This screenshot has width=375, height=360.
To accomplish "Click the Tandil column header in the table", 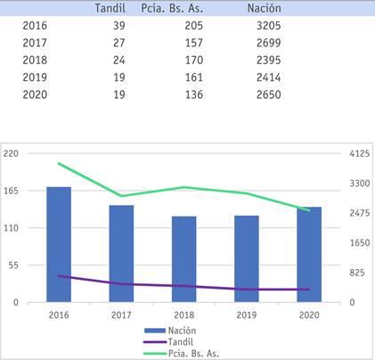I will pos(110,9).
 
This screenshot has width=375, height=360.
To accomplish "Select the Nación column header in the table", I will pos(264,9).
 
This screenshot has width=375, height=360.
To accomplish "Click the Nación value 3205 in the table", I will pos(266,26).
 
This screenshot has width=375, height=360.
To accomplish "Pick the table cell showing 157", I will pos(182,43).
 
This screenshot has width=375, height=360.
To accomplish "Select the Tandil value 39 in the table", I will pos(116,26).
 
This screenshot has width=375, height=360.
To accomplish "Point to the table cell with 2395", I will pos(266,60).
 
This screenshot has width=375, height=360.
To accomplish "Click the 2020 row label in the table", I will pos(35,94).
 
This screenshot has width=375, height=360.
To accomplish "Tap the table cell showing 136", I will pos(182,94).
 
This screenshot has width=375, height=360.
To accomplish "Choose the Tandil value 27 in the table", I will pos(116,43).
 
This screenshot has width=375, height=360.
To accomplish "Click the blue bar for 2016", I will pos(59,245).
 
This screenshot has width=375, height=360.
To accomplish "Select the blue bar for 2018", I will pos(183,259).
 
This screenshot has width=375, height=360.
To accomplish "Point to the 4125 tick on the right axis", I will pos(359,153).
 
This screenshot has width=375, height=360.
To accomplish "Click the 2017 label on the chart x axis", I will pos(121,315).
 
